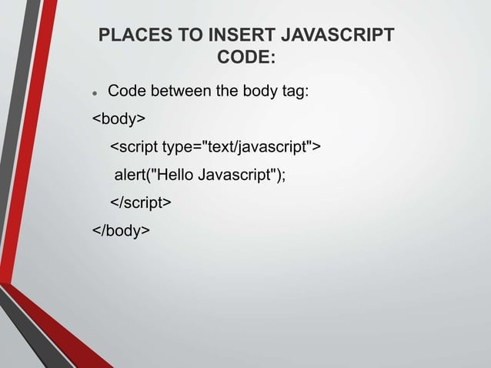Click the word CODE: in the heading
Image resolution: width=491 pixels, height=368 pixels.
(x=246, y=59)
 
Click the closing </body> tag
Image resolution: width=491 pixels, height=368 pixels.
(x=122, y=230)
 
